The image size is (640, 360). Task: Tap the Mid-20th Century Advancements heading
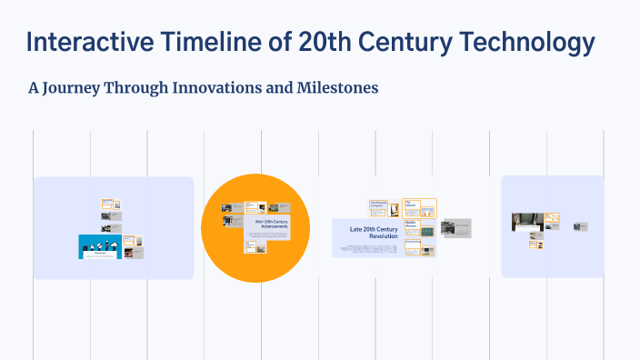point(271,224)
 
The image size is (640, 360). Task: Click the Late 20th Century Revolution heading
point(374,231)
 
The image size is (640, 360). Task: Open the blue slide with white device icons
point(100,245)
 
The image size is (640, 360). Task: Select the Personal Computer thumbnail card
point(379,208)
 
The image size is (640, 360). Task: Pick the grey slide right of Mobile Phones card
point(455,227)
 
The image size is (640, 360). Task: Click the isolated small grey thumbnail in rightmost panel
point(580,226)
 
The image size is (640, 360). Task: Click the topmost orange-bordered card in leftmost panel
point(111,204)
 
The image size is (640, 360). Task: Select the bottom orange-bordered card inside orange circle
point(252,245)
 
